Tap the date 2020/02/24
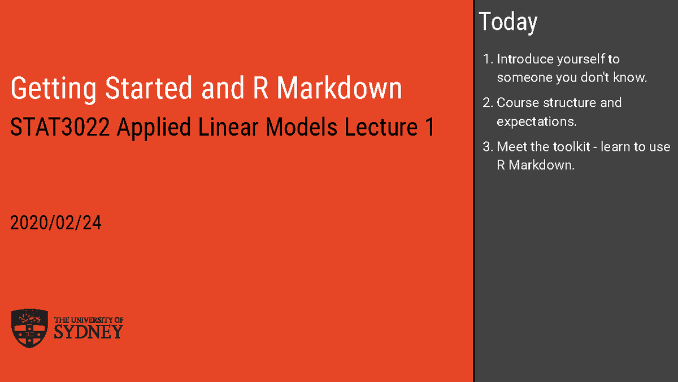[56, 223]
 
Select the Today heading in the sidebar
[508, 22]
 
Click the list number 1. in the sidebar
[488, 59]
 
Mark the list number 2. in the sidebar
[488, 103]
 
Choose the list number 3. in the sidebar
[488, 147]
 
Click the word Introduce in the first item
[525, 59]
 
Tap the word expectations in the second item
[536, 121]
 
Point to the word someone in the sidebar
[524, 78]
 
